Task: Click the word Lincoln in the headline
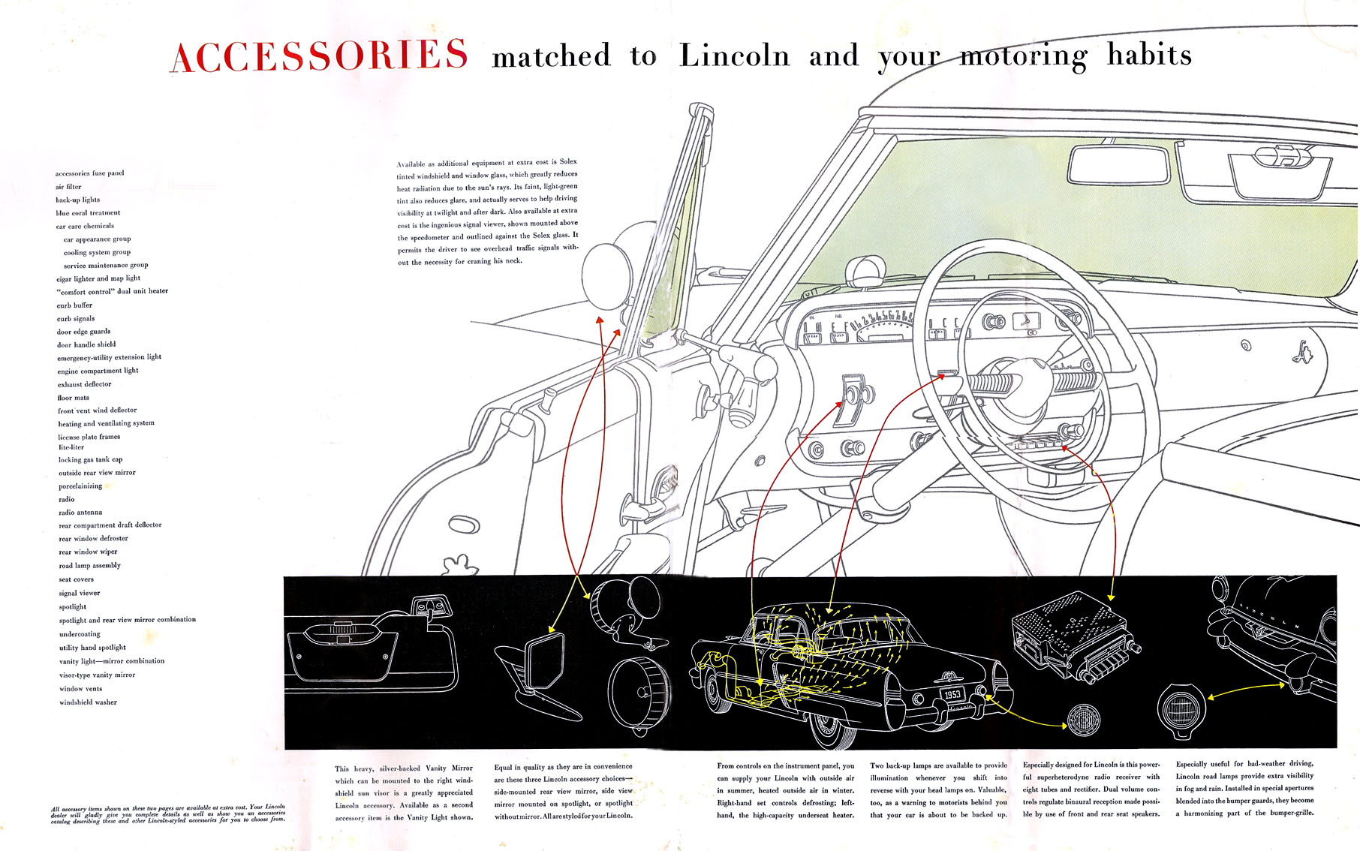pos(734,56)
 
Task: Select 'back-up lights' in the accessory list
pos(77,200)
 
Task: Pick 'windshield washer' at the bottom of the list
pos(88,702)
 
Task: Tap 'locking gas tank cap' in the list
pos(90,459)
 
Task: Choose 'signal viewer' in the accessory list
pos(79,593)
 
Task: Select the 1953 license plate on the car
pos(952,694)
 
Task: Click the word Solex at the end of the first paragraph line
pos(568,161)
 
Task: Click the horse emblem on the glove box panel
pos(1301,351)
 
